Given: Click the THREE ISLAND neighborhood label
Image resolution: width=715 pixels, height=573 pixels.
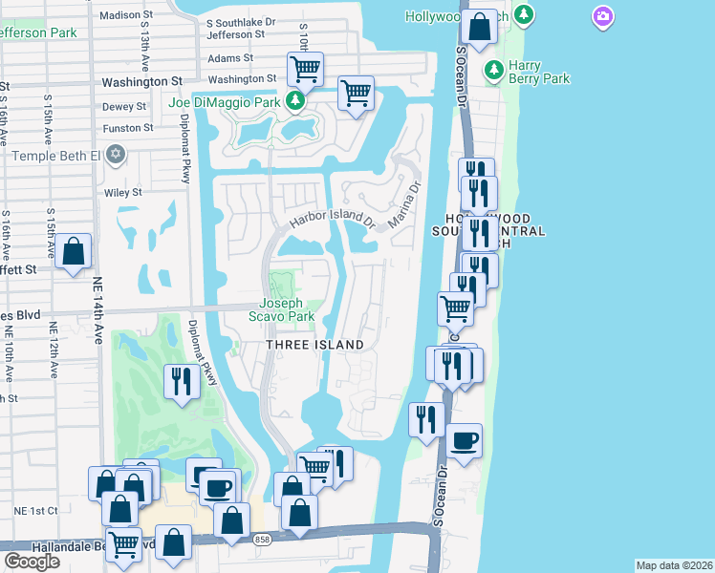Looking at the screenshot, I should pyautogui.click(x=314, y=345).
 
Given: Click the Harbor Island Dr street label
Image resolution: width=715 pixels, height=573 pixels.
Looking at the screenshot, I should pyautogui.click(x=330, y=218).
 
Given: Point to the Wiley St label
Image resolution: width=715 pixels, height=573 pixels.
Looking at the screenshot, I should pyautogui.click(x=123, y=192).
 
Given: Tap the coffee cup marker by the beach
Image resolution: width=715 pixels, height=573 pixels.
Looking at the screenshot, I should pyautogui.click(x=465, y=441).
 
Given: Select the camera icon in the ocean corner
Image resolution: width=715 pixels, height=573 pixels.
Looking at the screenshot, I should pyautogui.click(x=602, y=15).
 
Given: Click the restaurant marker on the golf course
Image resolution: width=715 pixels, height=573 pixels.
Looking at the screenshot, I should pyautogui.click(x=181, y=381).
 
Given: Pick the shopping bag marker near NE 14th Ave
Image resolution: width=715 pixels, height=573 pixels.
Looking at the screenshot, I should pyautogui.click(x=73, y=253).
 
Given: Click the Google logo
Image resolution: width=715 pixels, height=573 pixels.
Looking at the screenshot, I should pyautogui.click(x=32, y=562).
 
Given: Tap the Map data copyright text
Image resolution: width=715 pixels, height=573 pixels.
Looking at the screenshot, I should pyautogui.click(x=674, y=565).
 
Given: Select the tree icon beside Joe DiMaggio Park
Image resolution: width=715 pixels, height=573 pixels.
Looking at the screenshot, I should pyautogui.click(x=296, y=101).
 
